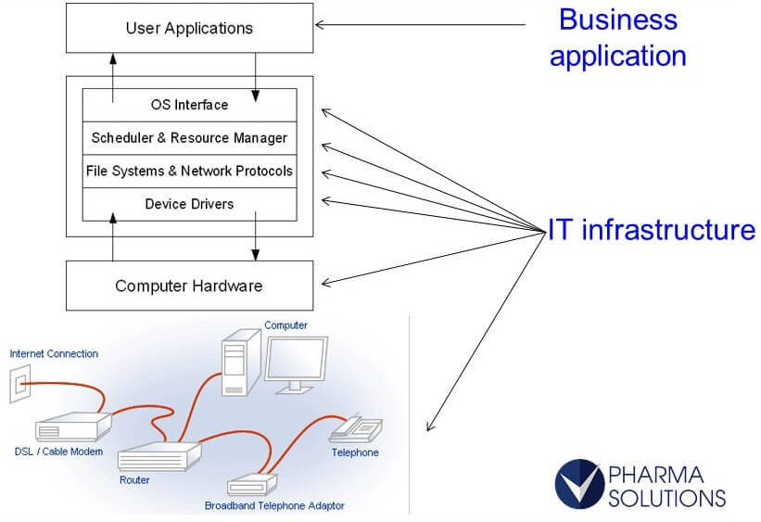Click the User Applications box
click(x=189, y=28)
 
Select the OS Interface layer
click(x=189, y=105)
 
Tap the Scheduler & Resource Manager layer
click(x=189, y=138)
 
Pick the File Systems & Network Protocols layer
click(x=189, y=171)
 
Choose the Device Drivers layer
click(x=189, y=204)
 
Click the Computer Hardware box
click(x=189, y=286)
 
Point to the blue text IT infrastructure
click(x=652, y=230)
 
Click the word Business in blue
click(x=618, y=19)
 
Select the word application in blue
click(x=618, y=56)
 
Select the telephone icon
click(x=356, y=427)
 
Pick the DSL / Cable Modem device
click(x=73, y=427)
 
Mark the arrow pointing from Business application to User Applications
click(x=417, y=24)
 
